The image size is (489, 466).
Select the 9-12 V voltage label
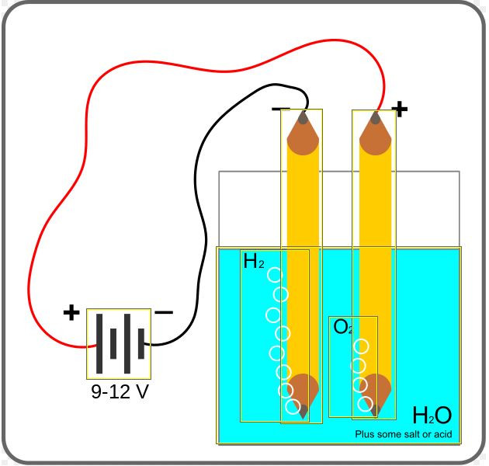click(120, 392)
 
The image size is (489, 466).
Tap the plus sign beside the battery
click(71, 313)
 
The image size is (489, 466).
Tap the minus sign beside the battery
click(164, 313)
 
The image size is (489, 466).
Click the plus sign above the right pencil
click(400, 109)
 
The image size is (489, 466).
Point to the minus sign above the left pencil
click(280, 109)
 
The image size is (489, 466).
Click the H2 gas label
click(254, 262)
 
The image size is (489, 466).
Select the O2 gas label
click(343, 328)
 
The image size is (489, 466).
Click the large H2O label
click(432, 416)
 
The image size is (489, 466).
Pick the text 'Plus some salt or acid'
click(403, 435)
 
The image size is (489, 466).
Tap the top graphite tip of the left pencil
click(302, 118)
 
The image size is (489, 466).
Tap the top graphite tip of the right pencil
click(376, 118)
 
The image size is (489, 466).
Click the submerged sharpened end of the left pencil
click(302, 392)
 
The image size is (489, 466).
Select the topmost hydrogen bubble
click(275, 275)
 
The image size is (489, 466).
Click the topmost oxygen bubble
click(361, 346)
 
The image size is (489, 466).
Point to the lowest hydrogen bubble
click(293, 406)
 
